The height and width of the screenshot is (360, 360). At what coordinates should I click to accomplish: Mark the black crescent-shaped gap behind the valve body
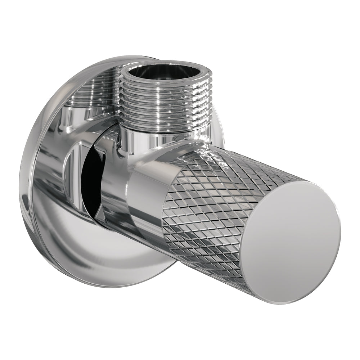click(x=90, y=180)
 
